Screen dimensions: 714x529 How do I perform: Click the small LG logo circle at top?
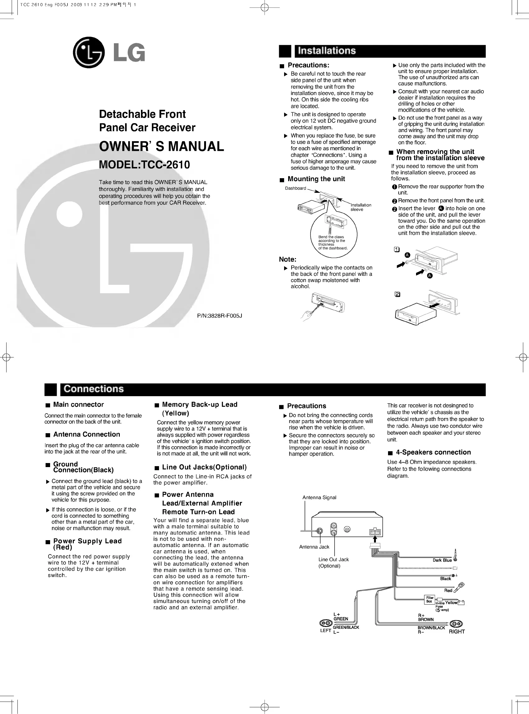(x=89, y=53)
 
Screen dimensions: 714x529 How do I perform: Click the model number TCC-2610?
(x=144, y=165)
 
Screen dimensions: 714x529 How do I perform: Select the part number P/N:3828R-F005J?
(x=219, y=316)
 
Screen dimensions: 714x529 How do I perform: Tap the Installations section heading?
(x=327, y=51)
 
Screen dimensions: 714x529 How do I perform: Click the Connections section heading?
(x=93, y=389)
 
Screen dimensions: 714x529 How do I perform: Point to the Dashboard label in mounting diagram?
(x=295, y=188)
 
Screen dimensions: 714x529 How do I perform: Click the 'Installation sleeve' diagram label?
(x=361, y=207)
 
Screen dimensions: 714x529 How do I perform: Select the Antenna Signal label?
(x=319, y=497)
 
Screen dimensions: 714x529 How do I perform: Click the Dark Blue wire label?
(x=442, y=560)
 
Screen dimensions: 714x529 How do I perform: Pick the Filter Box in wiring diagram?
(x=429, y=600)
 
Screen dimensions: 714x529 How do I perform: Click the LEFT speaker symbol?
(x=326, y=623)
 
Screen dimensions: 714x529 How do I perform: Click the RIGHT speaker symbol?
(x=456, y=624)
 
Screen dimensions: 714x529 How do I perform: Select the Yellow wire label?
(x=451, y=603)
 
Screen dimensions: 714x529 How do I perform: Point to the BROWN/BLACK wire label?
(x=431, y=628)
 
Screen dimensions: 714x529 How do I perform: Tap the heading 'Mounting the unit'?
(x=316, y=179)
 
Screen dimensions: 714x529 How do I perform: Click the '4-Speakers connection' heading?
(x=433, y=452)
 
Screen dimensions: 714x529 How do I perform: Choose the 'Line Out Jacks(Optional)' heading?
(x=204, y=467)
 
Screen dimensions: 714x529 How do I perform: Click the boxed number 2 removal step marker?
(x=397, y=294)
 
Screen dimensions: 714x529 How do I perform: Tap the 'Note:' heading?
(x=288, y=259)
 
